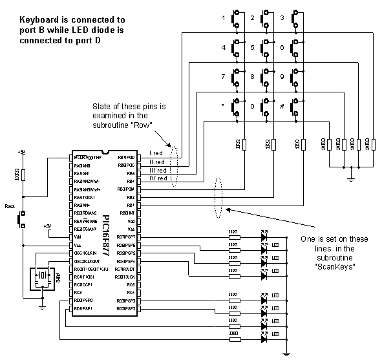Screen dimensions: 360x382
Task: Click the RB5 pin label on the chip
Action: pos(130,173)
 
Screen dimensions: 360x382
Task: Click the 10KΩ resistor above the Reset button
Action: pos(23,175)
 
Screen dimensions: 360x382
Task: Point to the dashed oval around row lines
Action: pos(173,167)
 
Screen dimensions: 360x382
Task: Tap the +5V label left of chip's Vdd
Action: pos(47,226)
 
